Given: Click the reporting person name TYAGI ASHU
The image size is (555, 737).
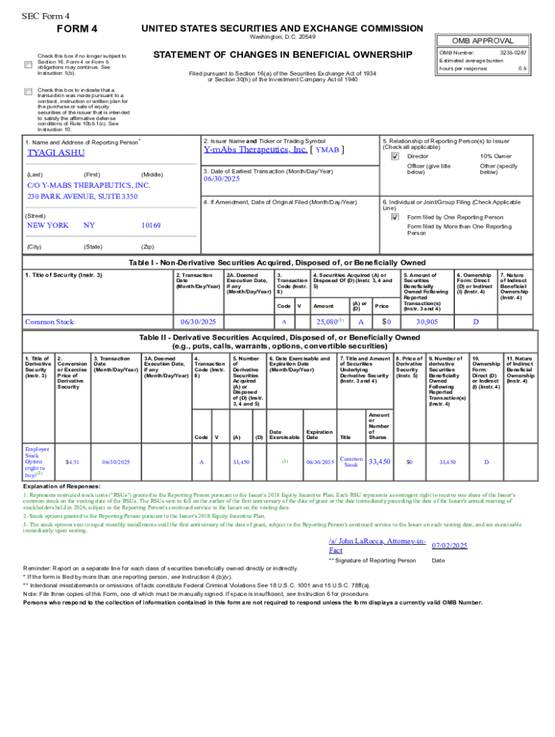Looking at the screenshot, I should [x=55, y=153].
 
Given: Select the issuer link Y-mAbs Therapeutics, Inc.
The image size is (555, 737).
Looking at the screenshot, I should [x=256, y=150].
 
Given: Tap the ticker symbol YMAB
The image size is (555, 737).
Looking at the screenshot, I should [x=327, y=150].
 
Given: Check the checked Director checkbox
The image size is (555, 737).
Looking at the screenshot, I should [x=394, y=156].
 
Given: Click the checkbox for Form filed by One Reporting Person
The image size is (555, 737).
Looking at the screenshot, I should [x=394, y=217].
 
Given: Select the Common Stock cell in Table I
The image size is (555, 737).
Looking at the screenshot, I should [x=49, y=322].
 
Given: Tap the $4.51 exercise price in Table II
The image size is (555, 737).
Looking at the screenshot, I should [x=71, y=461].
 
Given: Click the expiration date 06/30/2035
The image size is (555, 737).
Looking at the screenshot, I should [x=319, y=461].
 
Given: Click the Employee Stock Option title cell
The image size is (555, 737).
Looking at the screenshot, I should [x=37, y=461].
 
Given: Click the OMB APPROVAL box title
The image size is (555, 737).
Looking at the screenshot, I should [x=482, y=41].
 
